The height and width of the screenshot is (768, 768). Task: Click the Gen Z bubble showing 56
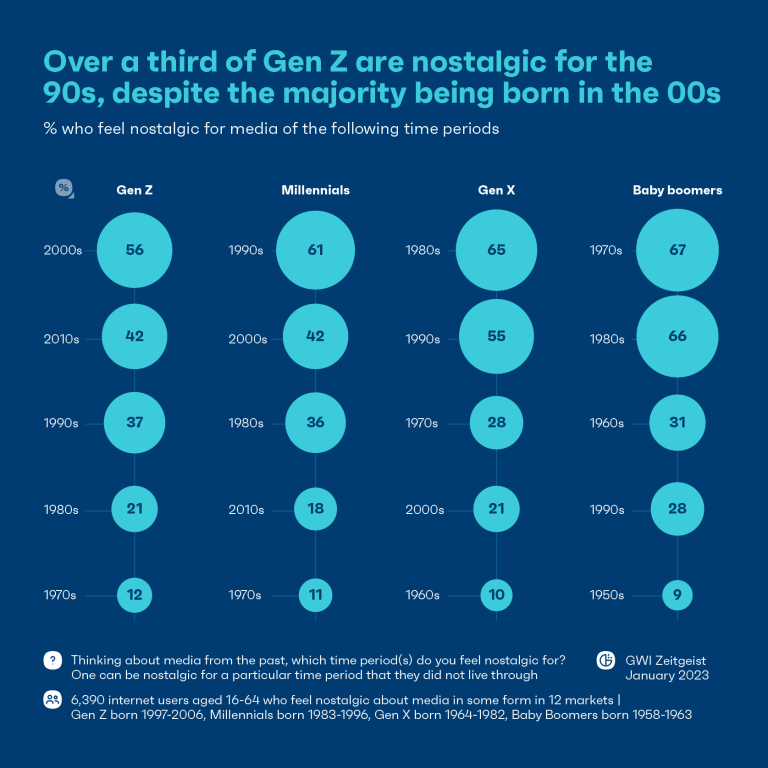pyautogui.click(x=135, y=250)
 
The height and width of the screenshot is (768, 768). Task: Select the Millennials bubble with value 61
pyautogui.click(x=315, y=250)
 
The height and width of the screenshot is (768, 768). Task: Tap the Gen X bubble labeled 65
pyautogui.click(x=497, y=250)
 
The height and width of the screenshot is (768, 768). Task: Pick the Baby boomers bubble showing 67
pyautogui.click(x=677, y=250)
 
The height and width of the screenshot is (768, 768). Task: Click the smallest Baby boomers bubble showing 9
pyautogui.click(x=677, y=595)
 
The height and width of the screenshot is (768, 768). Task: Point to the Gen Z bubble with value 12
pyautogui.click(x=135, y=595)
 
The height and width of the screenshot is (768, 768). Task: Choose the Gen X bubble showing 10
pyautogui.click(x=497, y=595)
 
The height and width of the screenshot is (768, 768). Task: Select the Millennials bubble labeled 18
pyautogui.click(x=315, y=509)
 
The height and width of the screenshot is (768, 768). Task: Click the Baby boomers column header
pyautogui.click(x=677, y=190)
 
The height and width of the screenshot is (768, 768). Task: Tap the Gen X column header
pyautogui.click(x=497, y=190)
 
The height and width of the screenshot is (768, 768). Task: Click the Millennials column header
pyautogui.click(x=315, y=190)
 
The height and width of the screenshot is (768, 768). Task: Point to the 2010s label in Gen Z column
pyautogui.click(x=61, y=339)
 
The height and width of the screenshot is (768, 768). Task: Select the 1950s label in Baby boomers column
pyautogui.click(x=607, y=595)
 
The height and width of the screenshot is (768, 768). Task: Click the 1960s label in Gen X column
pyautogui.click(x=424, y=595)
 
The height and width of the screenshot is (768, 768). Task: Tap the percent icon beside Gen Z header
pyautogui.click(x=64, y=189)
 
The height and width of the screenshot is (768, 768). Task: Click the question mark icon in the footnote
pyautogui.click(x=51, y=661)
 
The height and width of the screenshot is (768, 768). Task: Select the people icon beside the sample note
pyautogui.click(x=51, y=700)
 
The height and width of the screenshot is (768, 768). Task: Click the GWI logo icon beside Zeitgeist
pyautogui.click(x=605, y=660)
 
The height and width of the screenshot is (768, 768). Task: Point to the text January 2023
pyautogui.click(x=668, y=675)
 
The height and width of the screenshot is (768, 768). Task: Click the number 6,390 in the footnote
pyautogui.click(x=90, y=700)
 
